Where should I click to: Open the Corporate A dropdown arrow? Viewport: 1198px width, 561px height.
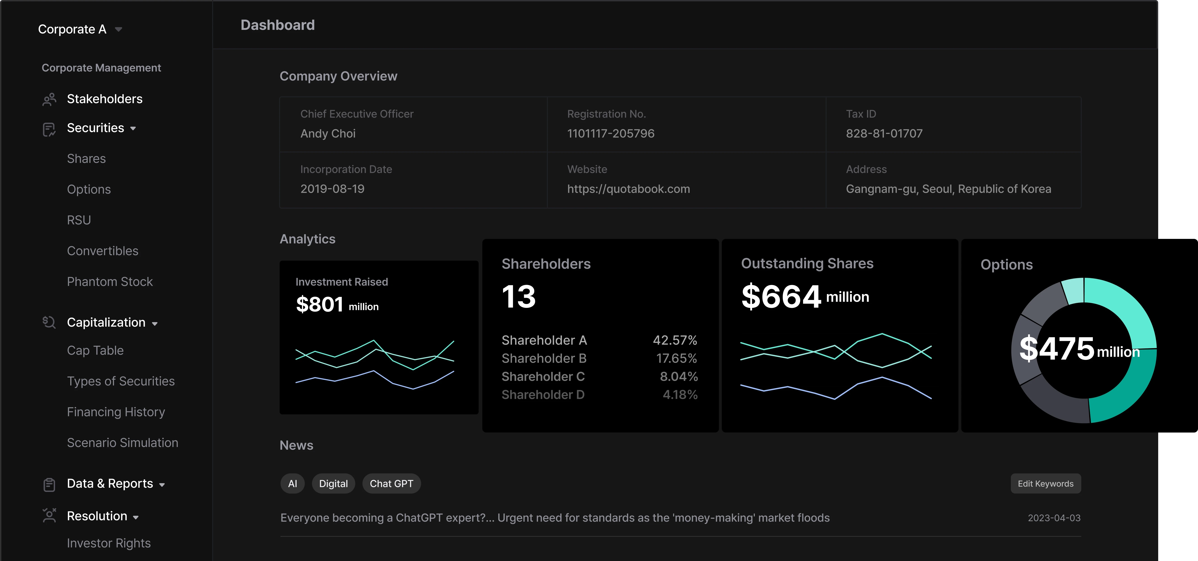point(119,29)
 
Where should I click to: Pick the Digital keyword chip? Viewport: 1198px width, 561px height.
point(333,484)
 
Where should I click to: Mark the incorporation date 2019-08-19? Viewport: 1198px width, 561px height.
point(332,189)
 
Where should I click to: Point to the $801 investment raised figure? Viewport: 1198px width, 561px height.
point(319,305)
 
